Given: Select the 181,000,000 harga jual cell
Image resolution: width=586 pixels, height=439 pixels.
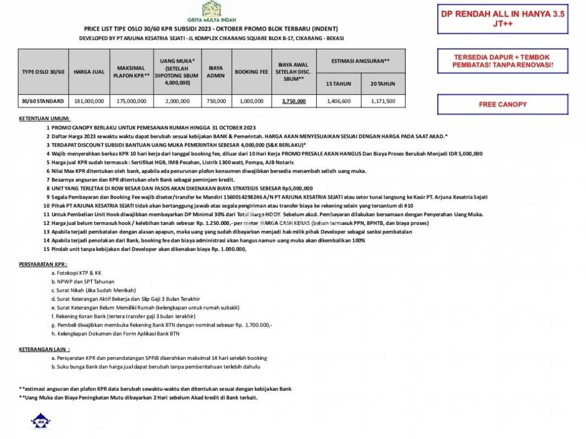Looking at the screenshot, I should tap(89, 101).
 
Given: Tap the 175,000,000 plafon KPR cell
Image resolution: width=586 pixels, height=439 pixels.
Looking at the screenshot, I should tap(131, 101).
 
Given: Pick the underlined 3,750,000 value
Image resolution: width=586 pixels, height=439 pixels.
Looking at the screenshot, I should tap(294, 101).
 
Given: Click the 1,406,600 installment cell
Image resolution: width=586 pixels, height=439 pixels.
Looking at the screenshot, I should tap(339, 101).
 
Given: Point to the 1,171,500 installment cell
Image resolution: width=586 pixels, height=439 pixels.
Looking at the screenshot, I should tap(383, 101).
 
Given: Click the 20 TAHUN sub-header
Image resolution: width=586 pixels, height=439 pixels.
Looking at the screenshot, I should tap(383, 84).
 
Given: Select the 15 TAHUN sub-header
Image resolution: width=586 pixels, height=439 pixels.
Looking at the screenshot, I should tap(339, 84).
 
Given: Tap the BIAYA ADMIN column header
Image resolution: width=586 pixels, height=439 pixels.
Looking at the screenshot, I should tap(215, 72).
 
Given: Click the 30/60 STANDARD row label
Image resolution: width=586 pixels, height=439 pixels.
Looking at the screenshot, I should tap(43, 101).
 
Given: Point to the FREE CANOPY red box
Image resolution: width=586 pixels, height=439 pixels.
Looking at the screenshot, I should tap(503, 104).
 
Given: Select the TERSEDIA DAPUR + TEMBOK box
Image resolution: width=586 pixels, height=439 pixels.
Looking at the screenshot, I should tap(503, 61).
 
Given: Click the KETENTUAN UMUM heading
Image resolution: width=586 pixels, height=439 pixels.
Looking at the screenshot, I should tap(44, 119).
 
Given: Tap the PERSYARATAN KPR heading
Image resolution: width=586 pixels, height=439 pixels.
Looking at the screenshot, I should tap(43, 264).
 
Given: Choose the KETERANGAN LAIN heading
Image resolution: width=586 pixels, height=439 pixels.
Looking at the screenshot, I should tap(44, 349).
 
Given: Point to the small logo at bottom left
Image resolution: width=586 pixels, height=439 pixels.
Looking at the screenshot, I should tap(40, 422).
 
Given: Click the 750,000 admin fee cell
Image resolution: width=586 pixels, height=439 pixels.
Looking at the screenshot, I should tap(215, 101).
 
